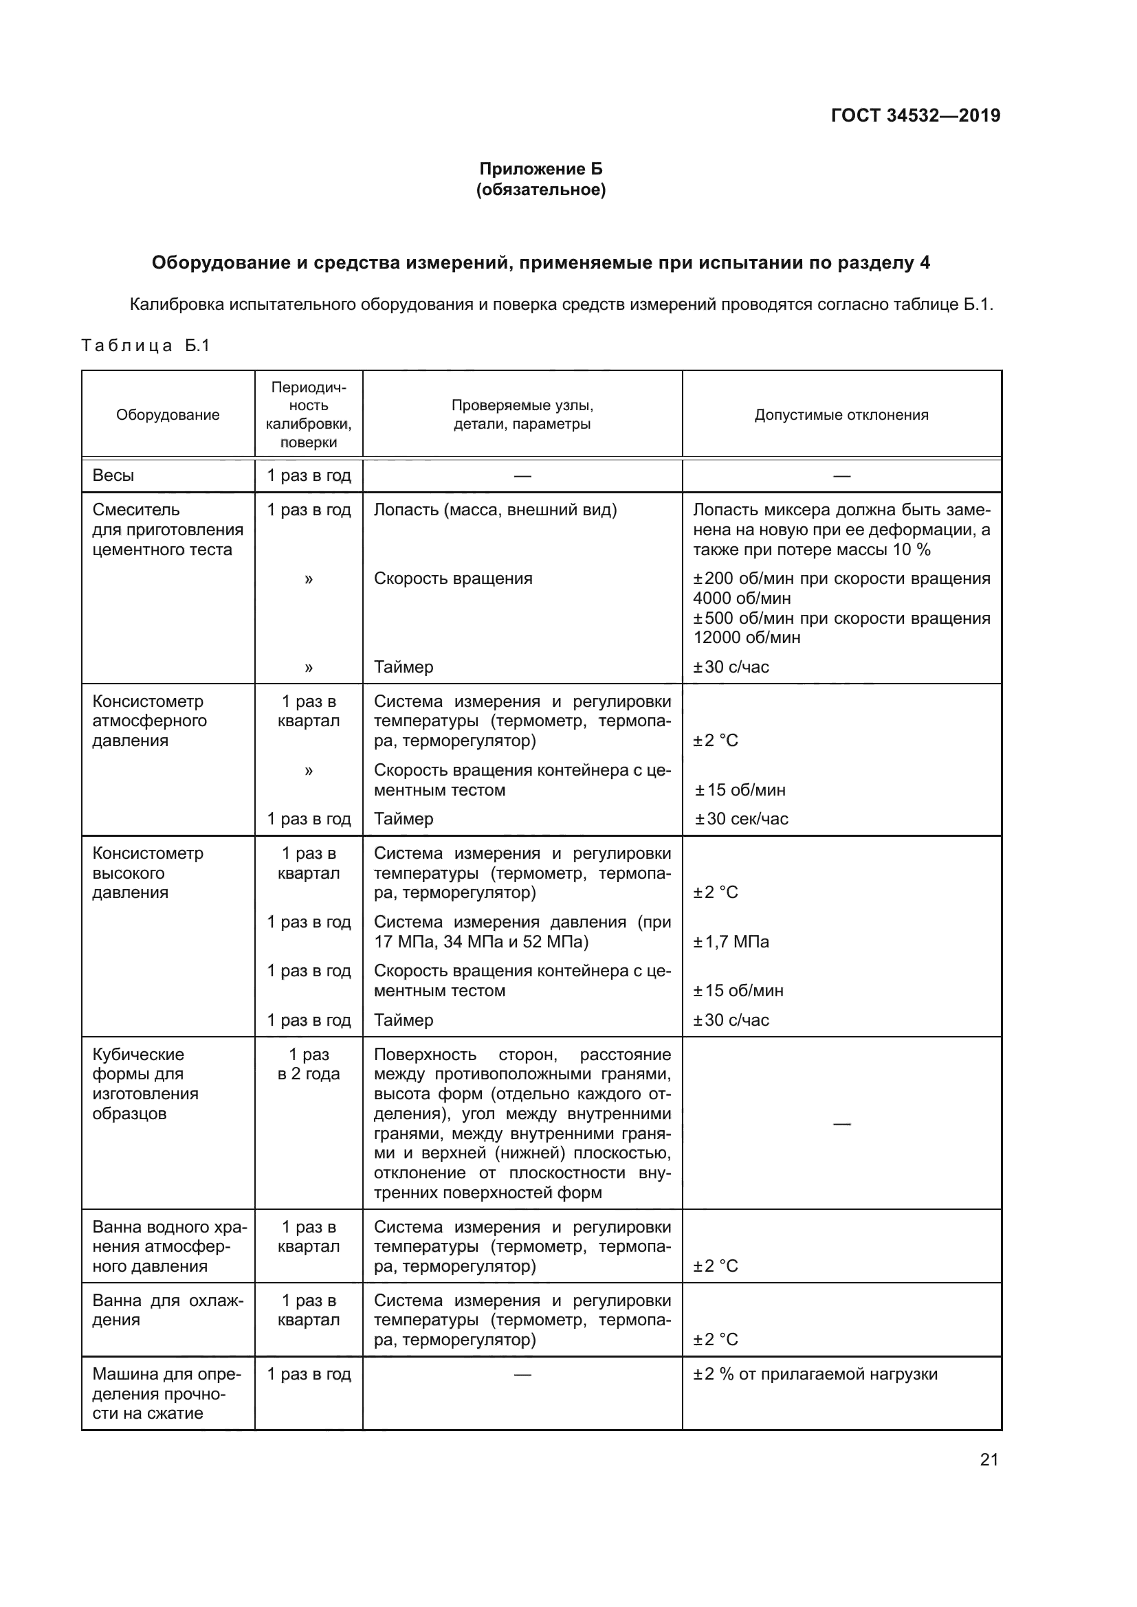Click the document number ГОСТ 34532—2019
915,115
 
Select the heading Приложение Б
540,169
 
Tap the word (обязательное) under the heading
540,190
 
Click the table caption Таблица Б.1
146,346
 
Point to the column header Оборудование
167,415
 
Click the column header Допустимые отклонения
841,415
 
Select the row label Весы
113,476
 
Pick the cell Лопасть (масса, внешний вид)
495,510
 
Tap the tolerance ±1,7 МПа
731,942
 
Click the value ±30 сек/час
742,819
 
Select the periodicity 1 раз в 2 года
308,1064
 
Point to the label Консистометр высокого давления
148,873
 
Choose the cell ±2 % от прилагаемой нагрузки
815,1374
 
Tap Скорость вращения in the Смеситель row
453,578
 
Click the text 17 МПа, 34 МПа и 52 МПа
481,942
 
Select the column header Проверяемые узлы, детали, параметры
522,415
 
